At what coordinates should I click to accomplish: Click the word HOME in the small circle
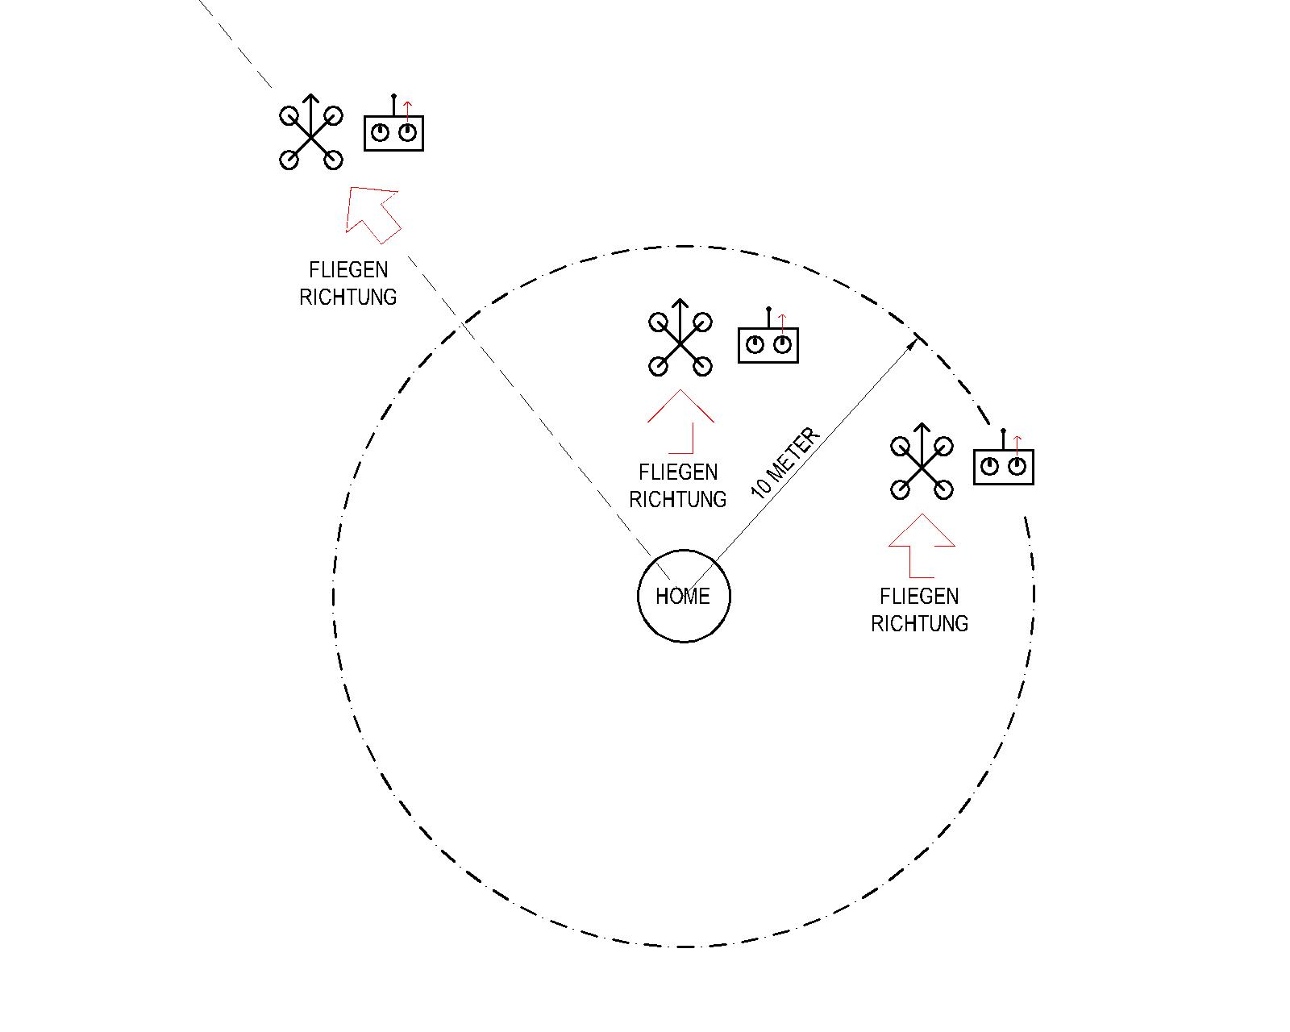pos(683,597)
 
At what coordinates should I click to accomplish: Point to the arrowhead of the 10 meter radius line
pos(913,343)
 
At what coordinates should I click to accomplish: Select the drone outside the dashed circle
pos(311,138)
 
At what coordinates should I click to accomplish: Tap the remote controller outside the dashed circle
pos(393,132)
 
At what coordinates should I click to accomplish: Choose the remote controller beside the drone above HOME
pos(768,344)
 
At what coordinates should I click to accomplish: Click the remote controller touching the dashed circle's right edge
pos(1004,466)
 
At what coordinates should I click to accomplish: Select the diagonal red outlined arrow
pos(372,213)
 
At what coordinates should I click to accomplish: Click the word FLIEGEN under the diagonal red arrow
pos(348,270)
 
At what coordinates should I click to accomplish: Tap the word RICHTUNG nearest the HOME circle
pos(677,500)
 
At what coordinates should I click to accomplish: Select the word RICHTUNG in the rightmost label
pos(919,624)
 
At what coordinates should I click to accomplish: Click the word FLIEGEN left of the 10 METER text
pos(677,472)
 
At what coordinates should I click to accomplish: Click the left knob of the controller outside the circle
pos(379,133)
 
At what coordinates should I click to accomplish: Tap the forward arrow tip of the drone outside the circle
pos(311,98)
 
